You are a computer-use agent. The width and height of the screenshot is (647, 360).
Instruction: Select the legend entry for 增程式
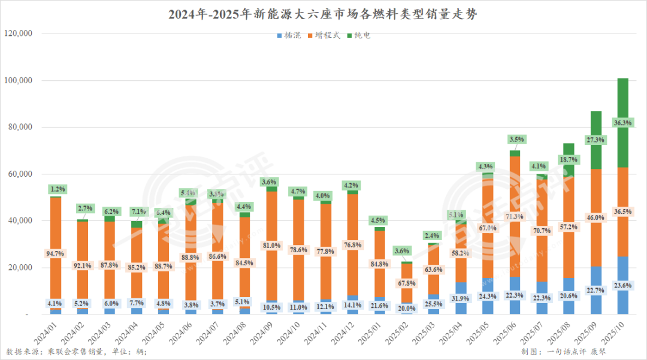click(323, 35)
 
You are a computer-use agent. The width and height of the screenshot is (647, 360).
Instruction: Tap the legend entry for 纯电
click(359, 35)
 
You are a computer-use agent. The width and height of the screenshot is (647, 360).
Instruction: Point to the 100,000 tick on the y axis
click(18, 80)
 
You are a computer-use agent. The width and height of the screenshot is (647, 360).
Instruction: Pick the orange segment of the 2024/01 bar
click(56, 240)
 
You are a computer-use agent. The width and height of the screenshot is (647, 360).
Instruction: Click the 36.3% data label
click(623, 123)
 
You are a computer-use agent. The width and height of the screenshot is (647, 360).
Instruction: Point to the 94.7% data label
click(56, 254)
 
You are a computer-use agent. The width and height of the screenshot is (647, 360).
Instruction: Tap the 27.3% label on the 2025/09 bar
click(596, 140)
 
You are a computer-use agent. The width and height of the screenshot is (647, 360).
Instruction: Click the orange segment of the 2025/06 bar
click(515, 198)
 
